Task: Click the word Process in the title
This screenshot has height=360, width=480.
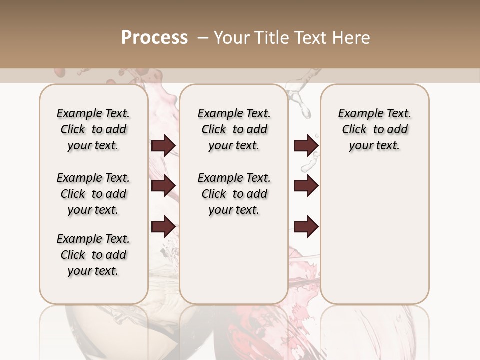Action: coord(154,38)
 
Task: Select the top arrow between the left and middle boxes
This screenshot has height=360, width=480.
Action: coord(163,146)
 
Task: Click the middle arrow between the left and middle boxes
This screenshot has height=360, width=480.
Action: coord(163,186)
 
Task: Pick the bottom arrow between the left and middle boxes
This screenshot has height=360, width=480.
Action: coord(163,226)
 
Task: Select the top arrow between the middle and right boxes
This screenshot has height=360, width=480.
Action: coord(306,146)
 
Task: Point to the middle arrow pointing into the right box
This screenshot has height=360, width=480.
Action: coord(306,186)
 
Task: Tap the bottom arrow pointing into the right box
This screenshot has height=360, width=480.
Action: coord(306,226)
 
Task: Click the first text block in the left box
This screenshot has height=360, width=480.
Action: coord(93,129)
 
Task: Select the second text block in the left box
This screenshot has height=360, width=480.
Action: coord(93,194)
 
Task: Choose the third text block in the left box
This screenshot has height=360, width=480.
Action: coord(93,255)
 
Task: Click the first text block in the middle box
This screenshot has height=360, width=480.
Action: coord(234,129)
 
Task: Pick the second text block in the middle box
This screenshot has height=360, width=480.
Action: coord(234,194)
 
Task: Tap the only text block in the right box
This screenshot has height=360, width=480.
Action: coord(374,129)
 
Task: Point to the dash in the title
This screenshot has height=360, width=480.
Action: coord(203,38)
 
